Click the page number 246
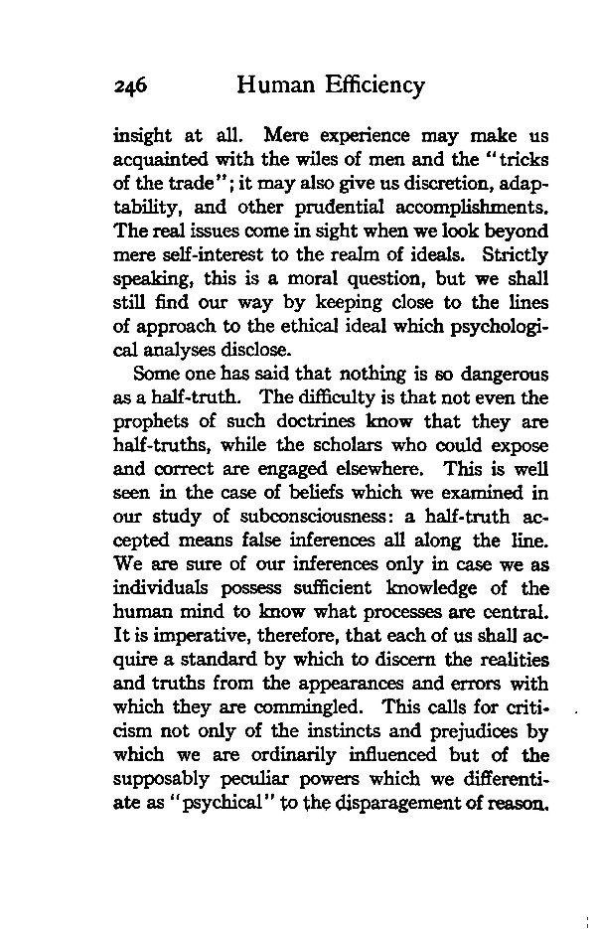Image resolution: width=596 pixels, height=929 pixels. [130, 86]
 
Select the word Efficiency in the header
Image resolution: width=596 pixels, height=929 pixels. [375, 86]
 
